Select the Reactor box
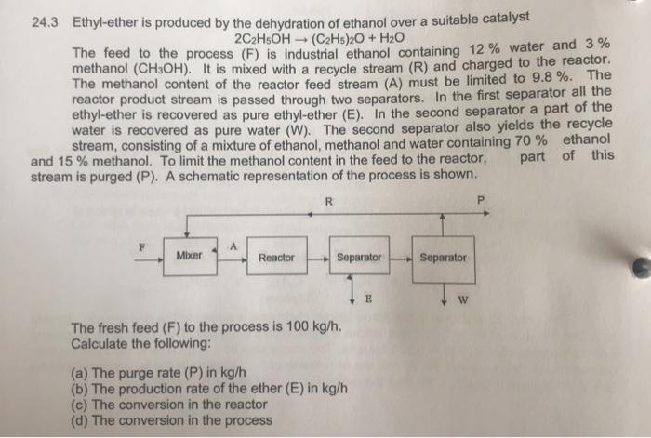point(277,258)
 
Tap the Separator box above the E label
point(360,257)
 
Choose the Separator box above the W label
point(444,257)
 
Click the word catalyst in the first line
point(503,17)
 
